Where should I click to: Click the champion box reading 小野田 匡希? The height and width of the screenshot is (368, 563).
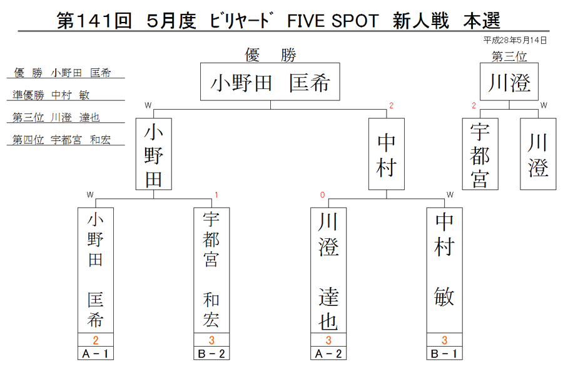click(270, 81)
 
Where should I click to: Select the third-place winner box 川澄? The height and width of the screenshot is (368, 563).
click(509, 81)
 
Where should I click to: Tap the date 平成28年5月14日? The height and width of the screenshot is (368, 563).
click(515, 40)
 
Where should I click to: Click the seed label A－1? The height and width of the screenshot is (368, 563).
click(96, 354)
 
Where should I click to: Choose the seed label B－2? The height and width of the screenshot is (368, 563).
click(211, 354)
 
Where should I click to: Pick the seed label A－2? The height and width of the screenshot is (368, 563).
click(328, 354)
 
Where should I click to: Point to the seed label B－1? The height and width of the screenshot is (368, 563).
click(444, 354)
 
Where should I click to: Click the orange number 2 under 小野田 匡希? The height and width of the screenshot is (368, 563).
click(96, 340)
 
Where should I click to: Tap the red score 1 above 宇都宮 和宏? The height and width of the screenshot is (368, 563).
click(216, 195)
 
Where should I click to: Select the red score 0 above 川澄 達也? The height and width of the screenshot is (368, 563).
click(322, 195)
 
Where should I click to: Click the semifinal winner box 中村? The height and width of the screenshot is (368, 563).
click(387, 154)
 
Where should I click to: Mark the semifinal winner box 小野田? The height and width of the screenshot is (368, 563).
click(154, 154)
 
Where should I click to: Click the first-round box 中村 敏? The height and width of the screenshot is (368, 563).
click(444, 270)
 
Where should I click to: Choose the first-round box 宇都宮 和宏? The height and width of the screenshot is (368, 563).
click(211, 270)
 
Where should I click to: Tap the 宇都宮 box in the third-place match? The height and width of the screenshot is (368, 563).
click(480, 154)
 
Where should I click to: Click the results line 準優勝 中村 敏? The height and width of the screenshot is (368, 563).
click(51, 95)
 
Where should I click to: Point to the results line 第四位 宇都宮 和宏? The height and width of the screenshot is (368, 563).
click(61, 140)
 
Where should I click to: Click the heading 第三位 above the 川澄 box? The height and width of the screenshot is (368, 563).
click(509, 56)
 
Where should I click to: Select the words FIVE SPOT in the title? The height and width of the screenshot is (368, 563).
click(333, 21)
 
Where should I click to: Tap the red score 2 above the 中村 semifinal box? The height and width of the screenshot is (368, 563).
click(392, 105)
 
